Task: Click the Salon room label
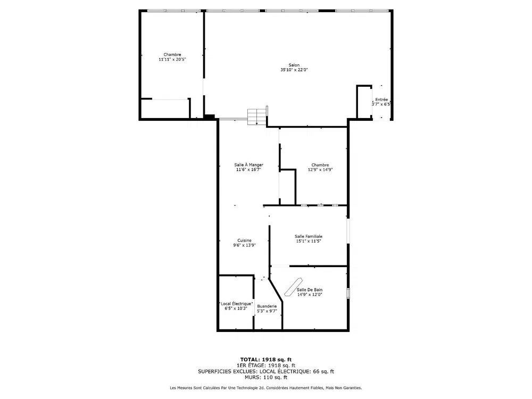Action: pyautogui.click(x=294, y=65)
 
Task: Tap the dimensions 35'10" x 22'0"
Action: pyautogui.click(x=294, y=70)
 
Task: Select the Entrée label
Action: pyautogui.click(x=381, y=100)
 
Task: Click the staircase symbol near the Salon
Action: pyautogui.click(x=256, y=117)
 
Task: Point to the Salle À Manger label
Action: pyautogui.click(x=248, y=165)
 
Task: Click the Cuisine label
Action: pyautogui.click(x=244, y=240)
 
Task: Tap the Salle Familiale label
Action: pyautogui.click(x=309, y=237)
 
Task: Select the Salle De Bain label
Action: pyautogui.click(x=310, y=290)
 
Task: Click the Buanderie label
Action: pyautogui.click(x=267, y=306)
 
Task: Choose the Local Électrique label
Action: pyautogui.click(x=236, y=304)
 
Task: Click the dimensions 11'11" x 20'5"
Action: pyautogui.click(x=172, y=60)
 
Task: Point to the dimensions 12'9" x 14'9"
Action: pyautogui.click(x=320, y=170)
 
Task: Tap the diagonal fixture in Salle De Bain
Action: pyautogui.click(x=293, y=287)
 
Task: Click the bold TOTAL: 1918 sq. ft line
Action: pyautogui.click(x=266, y=360)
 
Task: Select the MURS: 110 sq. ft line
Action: pyautogui.click(x=266, y=377)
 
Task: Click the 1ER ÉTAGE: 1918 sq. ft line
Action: pyautogui.click(x=266, y=365)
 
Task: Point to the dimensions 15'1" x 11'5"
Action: pyautogui.click(x=309, y=241)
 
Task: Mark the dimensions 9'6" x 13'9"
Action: pyautogui.click(x=244, y=245)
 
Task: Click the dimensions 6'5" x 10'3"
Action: pyautogui.click(x=236, y=309)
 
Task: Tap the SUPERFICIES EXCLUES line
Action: pyautogui.click(x=266, y=371)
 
